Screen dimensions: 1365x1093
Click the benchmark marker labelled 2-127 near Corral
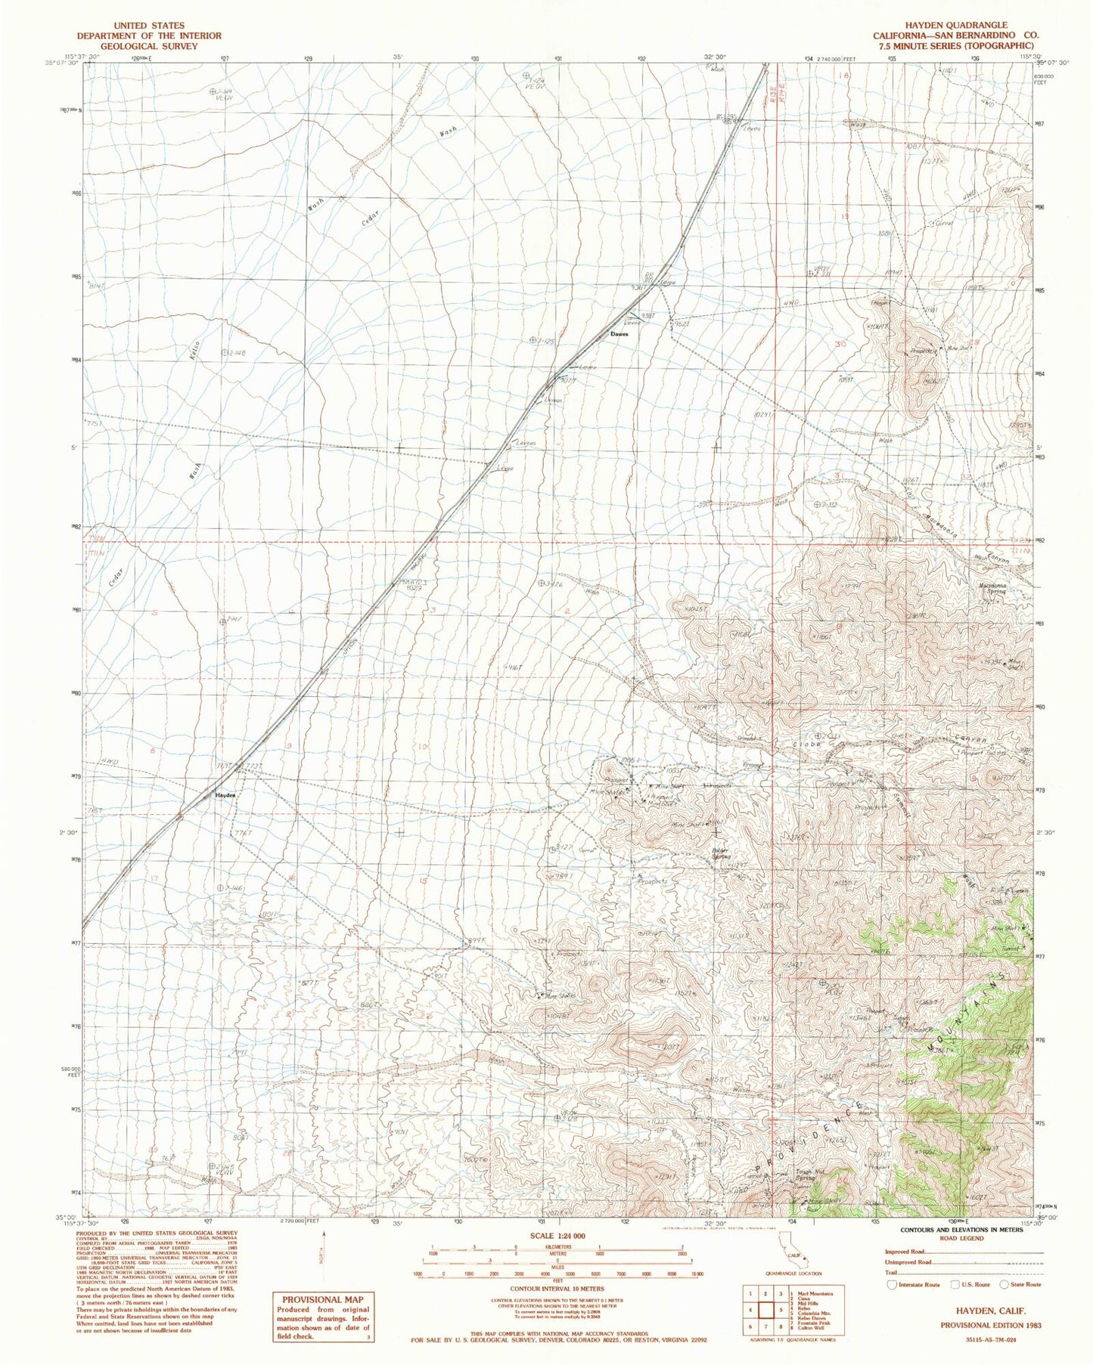[553, 849]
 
